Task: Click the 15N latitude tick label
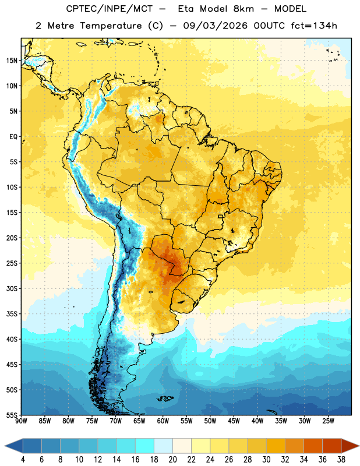12,61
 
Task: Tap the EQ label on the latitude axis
13,137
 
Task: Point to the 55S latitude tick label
12,415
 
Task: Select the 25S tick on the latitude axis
12,263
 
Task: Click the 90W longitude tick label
21,421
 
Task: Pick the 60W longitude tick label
163,421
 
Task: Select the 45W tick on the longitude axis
234,421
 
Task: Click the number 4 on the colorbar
23,460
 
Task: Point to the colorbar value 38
341,460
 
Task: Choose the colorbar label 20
172,460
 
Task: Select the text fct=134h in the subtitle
314,26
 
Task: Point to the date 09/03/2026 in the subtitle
215,26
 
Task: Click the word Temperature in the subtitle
111,26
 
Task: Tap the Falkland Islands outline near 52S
165,398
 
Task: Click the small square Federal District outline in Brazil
221,217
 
